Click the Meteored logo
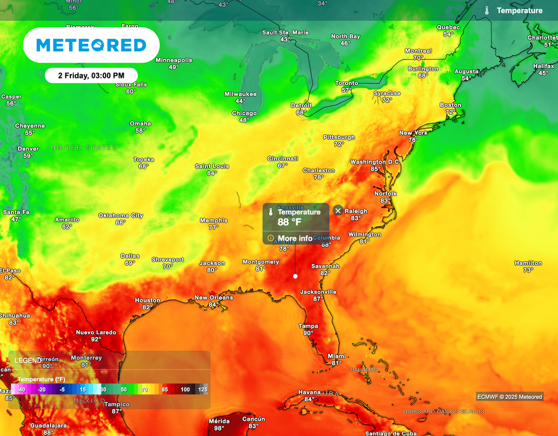point(91,45)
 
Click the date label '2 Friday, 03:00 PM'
point(91,76)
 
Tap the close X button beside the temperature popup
point(338,210)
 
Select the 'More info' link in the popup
point(295,238)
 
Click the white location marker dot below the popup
point(295,276)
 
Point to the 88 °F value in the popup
point(289,222)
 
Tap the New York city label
point(413,133)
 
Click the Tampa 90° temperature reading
point(308,333)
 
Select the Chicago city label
point(244,113)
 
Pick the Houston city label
point(148,300)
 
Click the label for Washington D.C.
point(375,162)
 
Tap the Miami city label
point(337,356)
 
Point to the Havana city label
point(309,392)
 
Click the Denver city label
point(28,149)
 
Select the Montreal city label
point(418,51)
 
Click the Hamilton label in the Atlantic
point(528,263)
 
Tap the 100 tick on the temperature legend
point(185,390)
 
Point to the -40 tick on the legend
point(21,390)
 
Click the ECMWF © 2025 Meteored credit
point(510,397)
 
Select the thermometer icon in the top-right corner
point(487,10)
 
